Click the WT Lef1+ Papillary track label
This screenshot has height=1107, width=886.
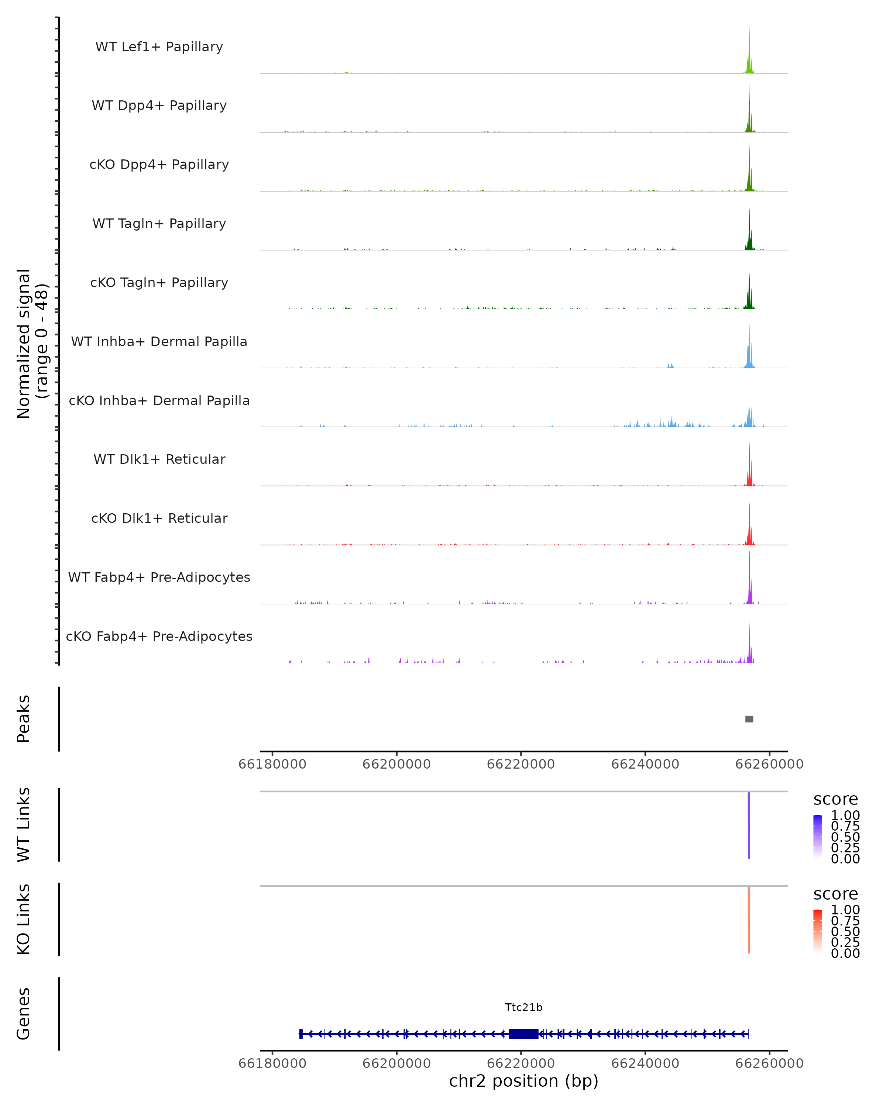[x=159, y=47]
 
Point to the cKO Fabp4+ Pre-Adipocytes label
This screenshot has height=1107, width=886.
[x=159, y=636]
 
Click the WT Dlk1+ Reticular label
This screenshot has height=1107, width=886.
[x=159, y=459]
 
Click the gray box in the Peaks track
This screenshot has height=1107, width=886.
[x=749, y=719]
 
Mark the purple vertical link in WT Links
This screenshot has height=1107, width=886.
[x=749, y=825]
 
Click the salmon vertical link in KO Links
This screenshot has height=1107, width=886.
[x=749, y=920]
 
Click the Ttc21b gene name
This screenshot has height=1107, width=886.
[x=523, y=1007]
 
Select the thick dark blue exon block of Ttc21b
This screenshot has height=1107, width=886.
[x=523, y=1034]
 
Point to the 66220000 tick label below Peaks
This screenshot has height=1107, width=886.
[x=521, y=764]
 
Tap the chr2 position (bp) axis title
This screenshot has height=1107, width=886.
[x=523, y=1081]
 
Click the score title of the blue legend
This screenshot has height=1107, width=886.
[x=835, y=800]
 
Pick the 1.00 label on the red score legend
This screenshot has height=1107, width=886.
[x=845, y=910]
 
